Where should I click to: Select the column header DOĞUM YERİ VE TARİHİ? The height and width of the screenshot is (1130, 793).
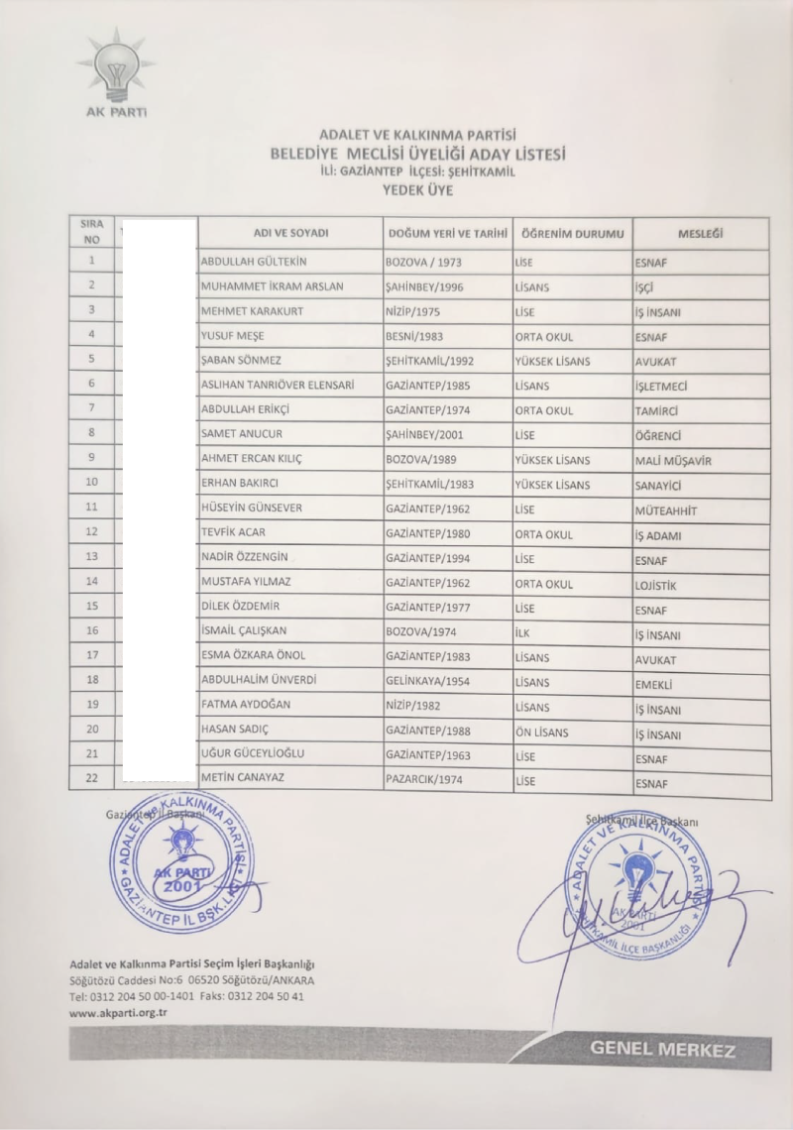447,234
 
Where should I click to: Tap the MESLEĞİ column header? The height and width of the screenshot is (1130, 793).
700,234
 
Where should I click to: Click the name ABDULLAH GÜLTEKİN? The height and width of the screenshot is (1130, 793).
254,263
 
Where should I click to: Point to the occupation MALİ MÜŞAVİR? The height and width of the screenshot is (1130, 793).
673,461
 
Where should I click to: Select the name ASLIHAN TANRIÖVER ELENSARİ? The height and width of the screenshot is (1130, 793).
278,386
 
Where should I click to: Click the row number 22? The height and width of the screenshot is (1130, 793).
91,779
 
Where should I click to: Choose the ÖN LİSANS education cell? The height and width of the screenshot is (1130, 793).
544,732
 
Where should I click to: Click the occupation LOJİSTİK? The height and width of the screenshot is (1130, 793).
662,585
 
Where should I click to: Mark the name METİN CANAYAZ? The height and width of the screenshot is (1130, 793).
242,778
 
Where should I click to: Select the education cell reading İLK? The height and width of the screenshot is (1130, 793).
524,633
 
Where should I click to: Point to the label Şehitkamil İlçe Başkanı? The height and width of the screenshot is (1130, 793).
643,821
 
